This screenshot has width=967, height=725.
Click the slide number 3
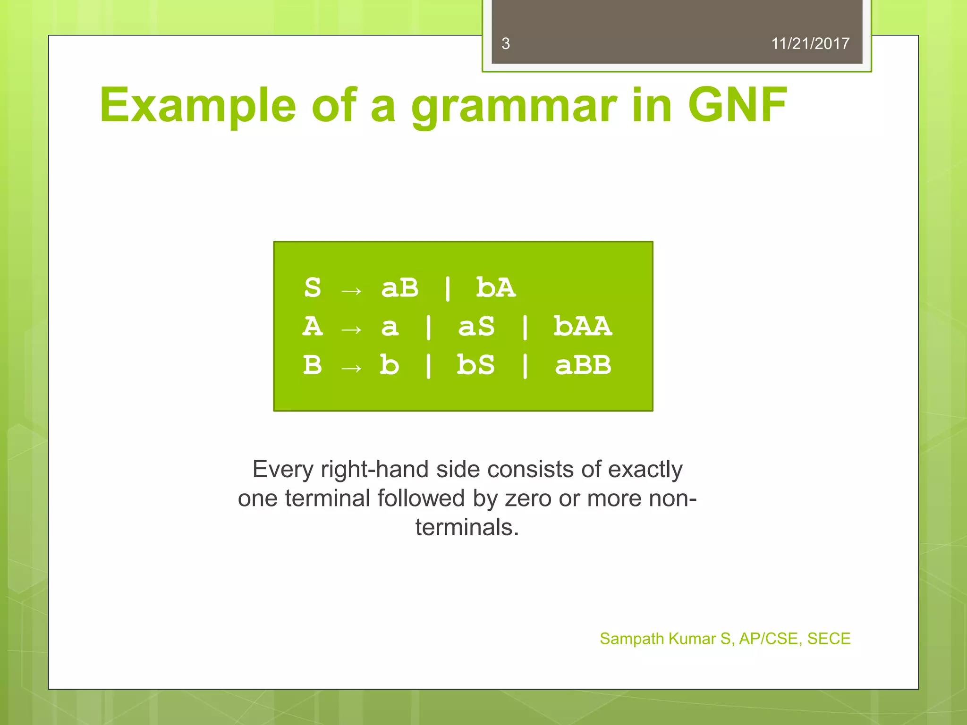coord(505,44)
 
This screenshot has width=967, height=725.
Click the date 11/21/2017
coord(810,44)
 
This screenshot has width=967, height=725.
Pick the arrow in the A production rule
coord(351,329)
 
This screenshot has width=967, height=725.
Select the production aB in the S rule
coord(399,287)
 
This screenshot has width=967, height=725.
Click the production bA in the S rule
coord(495,287)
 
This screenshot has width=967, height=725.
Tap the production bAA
coord(582,326)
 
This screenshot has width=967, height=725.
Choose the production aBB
coord(582,365)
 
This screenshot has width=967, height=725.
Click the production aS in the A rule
coord(476,326)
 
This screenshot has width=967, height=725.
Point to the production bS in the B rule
coord(475,365)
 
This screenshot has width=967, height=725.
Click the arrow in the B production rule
coord(351,368)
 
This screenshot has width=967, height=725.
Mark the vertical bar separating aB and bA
coord(447,288)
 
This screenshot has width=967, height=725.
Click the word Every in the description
coord(282,469)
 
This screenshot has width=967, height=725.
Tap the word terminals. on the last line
coord(467,527)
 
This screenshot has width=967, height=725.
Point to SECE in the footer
coord(828,639)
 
